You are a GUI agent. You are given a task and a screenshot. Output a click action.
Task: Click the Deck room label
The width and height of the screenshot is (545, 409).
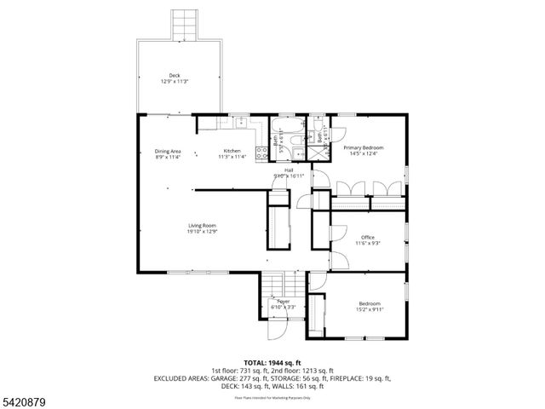[x=174, y=75]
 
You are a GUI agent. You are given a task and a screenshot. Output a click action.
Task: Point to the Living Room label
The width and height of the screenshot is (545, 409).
[x=202, y=225]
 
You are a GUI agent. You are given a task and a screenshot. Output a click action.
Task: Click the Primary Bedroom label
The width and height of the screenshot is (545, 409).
[x=364, y=147]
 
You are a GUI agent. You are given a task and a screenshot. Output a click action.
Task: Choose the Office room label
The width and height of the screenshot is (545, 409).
[x=368, y=237]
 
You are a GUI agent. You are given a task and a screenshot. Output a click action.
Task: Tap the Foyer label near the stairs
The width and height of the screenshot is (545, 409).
[x=283, y=301]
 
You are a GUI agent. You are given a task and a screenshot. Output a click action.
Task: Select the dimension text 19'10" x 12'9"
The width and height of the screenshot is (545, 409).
[x=202, y=231]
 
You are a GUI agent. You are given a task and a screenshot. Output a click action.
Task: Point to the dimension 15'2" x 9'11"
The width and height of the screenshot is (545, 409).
[x=370, y=309]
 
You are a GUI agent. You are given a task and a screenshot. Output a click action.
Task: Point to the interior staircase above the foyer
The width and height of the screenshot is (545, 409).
[x=274, y=285]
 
